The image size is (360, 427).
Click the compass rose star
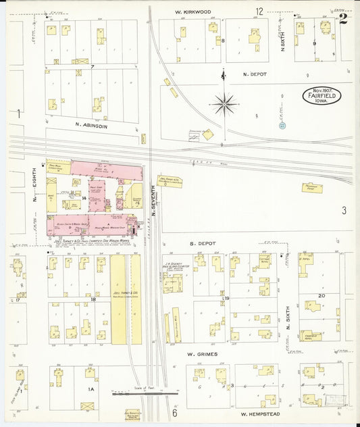pos(224,103)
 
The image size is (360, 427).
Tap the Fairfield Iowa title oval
pos(321,95)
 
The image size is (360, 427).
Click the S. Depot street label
pos(201,242)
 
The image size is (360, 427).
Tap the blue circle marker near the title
pos(282,125)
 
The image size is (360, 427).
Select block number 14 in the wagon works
pos(84,198)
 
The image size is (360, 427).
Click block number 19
pos(228,298)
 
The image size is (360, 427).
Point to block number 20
pos(322,296)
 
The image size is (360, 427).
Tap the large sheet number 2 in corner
pos(343,18)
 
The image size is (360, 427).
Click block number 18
pos(93,298)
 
